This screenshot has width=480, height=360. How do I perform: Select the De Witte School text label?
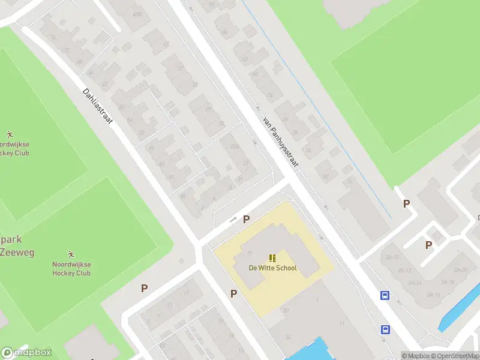point(273,268)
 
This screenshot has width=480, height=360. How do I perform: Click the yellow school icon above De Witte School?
point(273,258)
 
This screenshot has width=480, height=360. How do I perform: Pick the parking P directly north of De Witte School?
point(246,220)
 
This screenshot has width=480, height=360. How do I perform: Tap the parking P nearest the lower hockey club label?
point(144,289)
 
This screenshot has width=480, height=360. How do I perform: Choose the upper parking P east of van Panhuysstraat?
point(406,204)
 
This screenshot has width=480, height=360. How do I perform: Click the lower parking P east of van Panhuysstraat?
point(428,245)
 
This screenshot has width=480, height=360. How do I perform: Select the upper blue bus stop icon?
point(385,295)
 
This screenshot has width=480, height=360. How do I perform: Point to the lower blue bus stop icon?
point(385,329)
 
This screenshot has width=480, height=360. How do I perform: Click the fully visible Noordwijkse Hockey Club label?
point(71,269)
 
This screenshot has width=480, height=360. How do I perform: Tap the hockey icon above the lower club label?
point(71,254)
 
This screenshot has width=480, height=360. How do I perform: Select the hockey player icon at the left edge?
point(9,133)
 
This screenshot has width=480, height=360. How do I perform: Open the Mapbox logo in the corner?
point(26,353)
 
